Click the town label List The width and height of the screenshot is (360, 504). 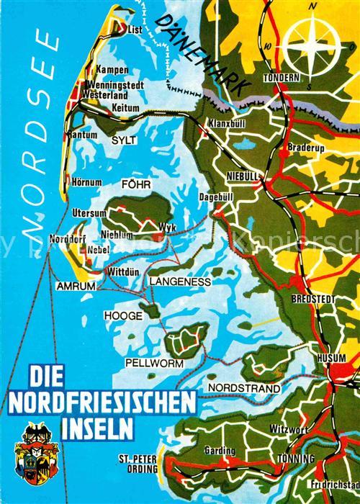click(135, 31)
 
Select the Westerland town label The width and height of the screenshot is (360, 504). click(105, 94)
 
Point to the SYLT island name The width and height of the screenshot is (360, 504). click(123, 142)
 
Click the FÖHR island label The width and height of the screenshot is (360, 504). click(136, 184)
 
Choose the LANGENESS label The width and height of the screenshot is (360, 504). click(180, 282)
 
